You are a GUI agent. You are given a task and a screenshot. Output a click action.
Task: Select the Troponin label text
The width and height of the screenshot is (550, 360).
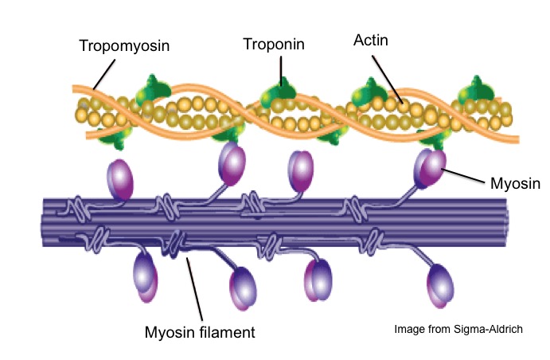(273, 45)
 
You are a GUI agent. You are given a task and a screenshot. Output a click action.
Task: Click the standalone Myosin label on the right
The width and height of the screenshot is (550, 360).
(513, 184)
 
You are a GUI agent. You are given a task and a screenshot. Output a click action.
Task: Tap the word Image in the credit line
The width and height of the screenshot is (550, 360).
(407, 329)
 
